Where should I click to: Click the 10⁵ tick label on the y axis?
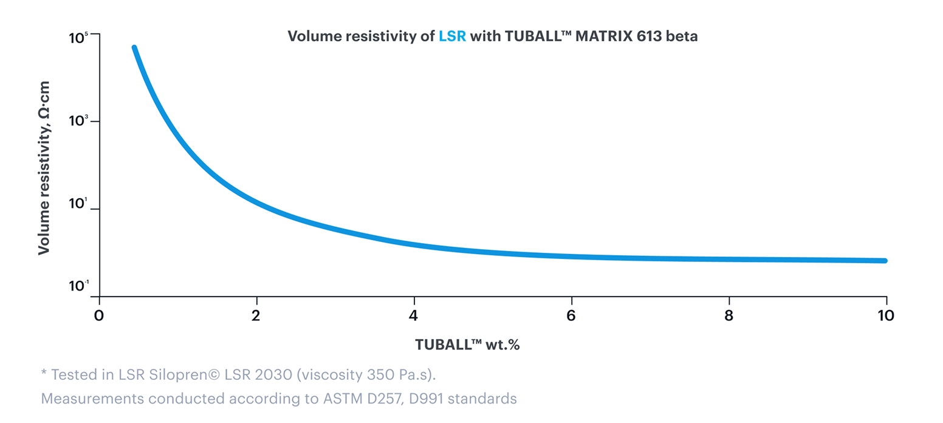(x=79, y=38)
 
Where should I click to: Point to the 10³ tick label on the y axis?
(x=79, y=122)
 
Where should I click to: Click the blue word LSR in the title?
(x=452, y=36)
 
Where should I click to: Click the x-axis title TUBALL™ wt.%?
(x=467, y=345)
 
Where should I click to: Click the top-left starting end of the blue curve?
(x=134, y=48)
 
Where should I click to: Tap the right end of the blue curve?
(x=885, y=261)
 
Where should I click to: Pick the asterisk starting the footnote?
(x=44, y=373)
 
